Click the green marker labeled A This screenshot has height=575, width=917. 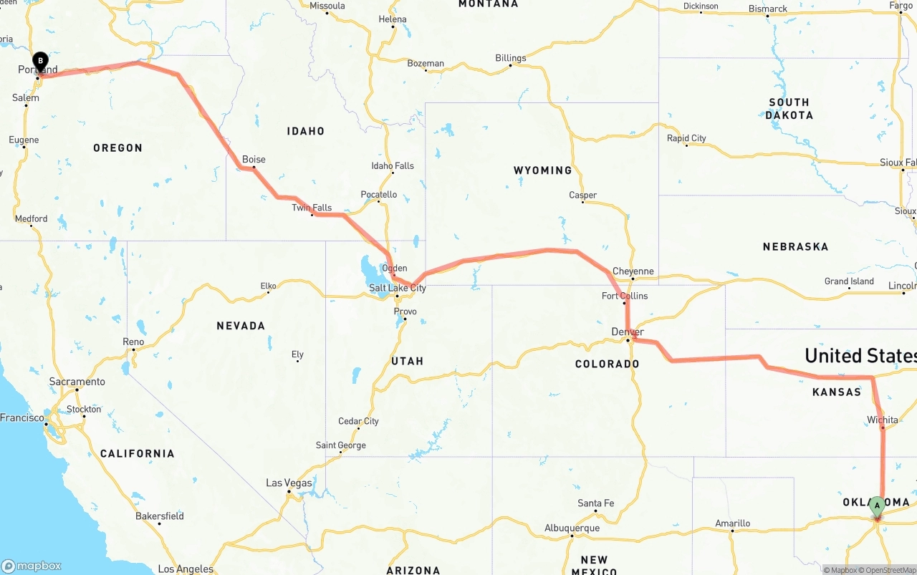877,506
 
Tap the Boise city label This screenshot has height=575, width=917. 254,160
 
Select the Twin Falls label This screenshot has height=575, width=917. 312,208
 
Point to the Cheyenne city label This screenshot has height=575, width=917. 633,271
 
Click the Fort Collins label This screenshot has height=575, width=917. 625,296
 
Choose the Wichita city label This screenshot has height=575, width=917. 882,420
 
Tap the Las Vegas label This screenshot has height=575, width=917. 289,483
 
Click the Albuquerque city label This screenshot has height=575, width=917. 572,528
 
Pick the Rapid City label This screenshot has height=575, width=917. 686,138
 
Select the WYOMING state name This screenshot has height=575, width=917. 542,170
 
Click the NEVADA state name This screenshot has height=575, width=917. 241,326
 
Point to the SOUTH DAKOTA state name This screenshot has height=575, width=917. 789,109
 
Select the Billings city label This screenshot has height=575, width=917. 510,58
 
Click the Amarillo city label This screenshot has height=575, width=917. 733,523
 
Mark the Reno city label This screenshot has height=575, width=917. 133,342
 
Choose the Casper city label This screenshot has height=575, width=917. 582,195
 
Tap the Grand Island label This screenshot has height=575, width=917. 849,281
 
